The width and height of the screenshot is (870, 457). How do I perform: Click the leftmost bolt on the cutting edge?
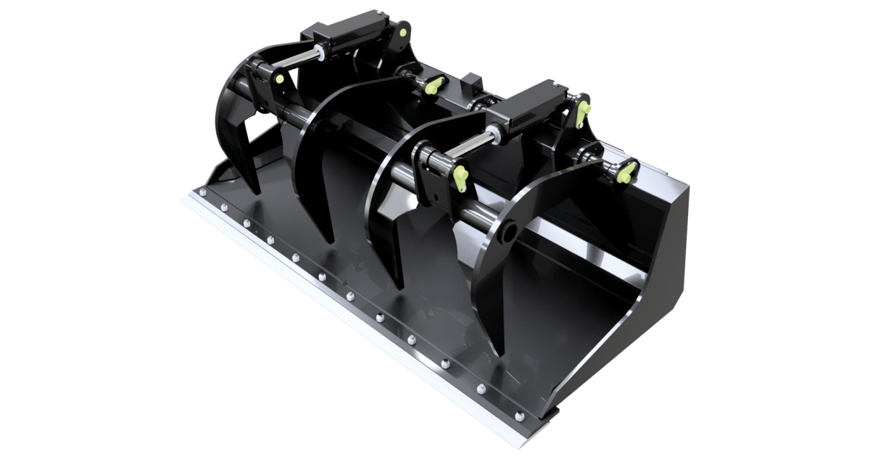[x=203, y=192]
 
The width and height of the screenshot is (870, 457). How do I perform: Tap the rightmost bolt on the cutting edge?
[x=519, y=416]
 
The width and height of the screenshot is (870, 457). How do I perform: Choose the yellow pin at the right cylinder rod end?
[x=460, y=176]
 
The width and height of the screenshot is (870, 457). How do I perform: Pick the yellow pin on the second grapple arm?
[x=434, y=86]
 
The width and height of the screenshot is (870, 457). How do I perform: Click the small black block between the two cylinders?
[x=471, y=80]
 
